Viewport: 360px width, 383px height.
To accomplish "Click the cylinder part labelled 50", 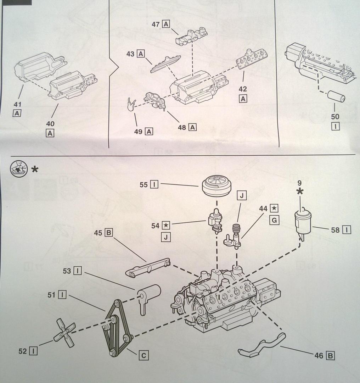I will click(x=336, y=96).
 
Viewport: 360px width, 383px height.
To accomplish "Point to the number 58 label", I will click(x=335, y=230).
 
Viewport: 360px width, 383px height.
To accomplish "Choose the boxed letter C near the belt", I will click(x=143, y=355).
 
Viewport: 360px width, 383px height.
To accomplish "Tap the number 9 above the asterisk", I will click(x=300, y=184).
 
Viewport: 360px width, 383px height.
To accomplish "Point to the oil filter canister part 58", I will click(x=302, y=222).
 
